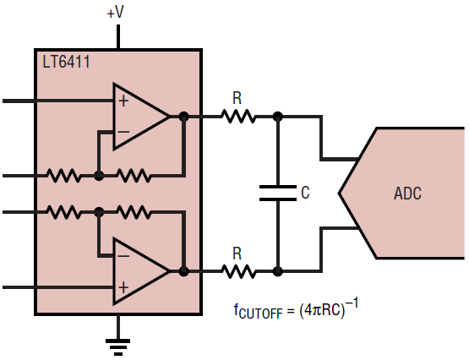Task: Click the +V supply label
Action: [x=116, y=13]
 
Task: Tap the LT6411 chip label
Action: [x=66, y=63]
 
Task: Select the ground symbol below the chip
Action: [x=117, y=346]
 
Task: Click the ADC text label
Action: [x=407, y=194]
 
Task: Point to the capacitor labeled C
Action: [x=278, y=193]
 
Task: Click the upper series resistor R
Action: [x=238, y=117]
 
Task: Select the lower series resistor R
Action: [x=238, y=271]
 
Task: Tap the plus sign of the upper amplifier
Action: [x=123, y=101]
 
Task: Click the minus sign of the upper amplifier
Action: [x=123, y=132]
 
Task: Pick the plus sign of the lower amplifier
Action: [x=123, y=287]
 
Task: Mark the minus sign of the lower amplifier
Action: [x=123, y=256]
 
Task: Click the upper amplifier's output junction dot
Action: [x=183, y=117]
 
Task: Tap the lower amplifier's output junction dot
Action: [x=183, y=271]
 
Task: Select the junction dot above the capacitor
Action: [x=278, y=117]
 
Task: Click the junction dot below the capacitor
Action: [x=278, y=271]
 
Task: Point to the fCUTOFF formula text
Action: [x=296, y=309]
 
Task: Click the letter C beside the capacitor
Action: [x=305, y=193]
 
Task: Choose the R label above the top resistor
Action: [x=237, y=98]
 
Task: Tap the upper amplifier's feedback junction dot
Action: [x=99, y=176]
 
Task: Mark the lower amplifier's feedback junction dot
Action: [x=99, y=212]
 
